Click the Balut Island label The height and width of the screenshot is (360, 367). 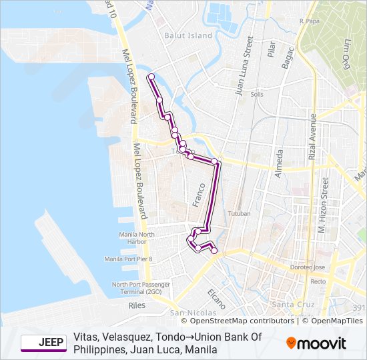click(189, 35)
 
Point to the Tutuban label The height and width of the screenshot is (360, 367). click(239, 214)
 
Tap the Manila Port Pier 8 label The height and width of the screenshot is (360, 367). click(128, 259)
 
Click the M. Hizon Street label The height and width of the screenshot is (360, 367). click(323, 206)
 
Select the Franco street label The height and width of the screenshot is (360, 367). click(198, 193)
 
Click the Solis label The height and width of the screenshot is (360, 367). click(257, 95)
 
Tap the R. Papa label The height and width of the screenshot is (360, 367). click(311, 21)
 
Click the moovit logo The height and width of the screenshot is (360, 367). click(316, 343)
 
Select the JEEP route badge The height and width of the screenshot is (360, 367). click(43, 343)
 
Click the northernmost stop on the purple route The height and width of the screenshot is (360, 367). click(151, 77)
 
